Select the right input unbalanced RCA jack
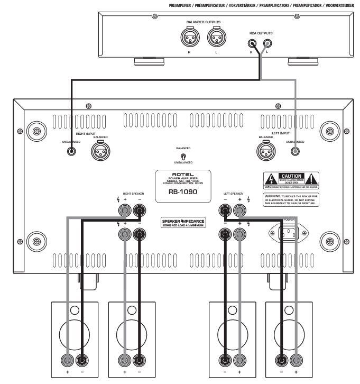tap(70, 151)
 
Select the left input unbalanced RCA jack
tap(294, 151)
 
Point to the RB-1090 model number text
tap(183, 193)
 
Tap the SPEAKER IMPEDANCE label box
tap(183, 222)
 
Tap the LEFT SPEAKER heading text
tap(233, 194)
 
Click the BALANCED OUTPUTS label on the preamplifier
tap(204, 22)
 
